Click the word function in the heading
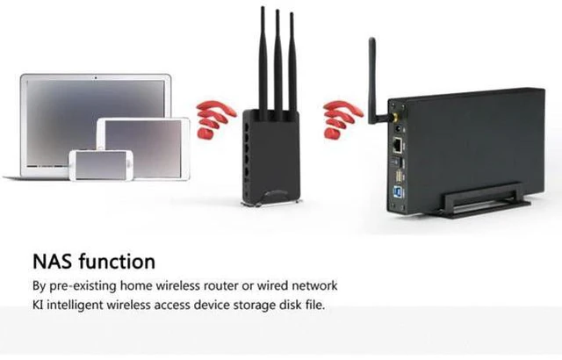117,261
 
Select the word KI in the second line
38,305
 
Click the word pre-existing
83,286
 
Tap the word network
314,286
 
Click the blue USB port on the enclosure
399,192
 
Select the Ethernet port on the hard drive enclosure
398,144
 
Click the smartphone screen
101,165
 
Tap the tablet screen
143,148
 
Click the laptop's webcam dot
96,77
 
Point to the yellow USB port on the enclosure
398,176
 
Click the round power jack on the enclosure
398,130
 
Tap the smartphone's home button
129,164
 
